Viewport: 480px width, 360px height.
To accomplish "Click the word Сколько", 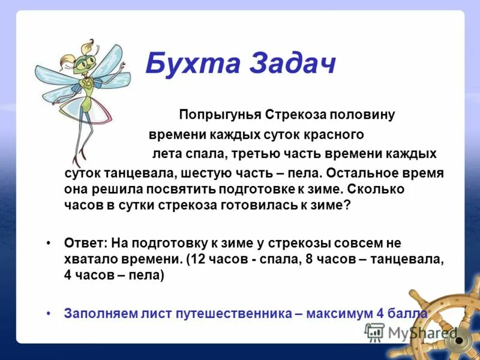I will tap(377, 188).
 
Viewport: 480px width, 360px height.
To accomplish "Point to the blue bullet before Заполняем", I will tap(49, 313).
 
